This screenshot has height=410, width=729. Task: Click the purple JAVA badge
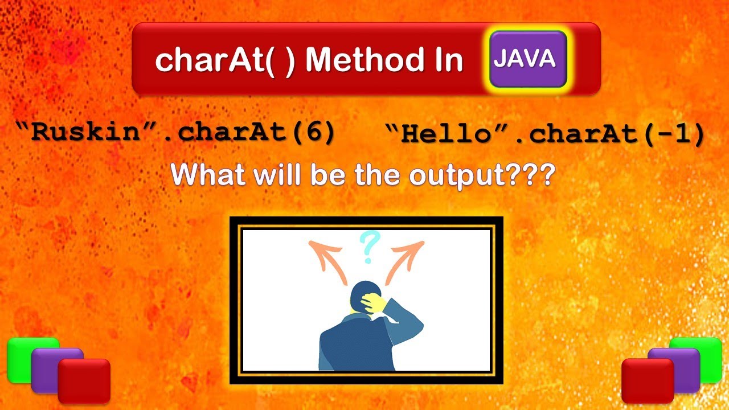[528, 59]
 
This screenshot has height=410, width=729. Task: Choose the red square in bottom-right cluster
[647, 380]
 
